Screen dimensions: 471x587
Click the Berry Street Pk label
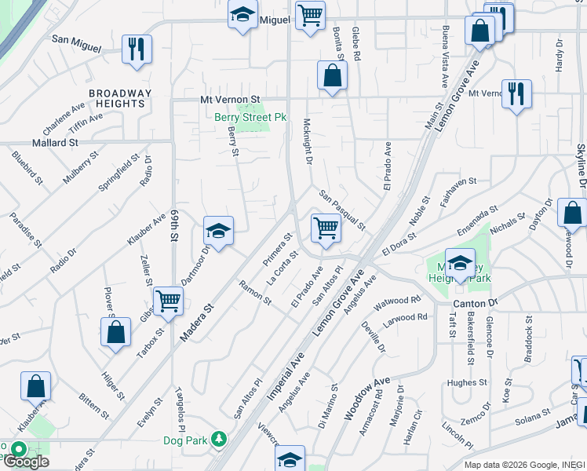point(250,118)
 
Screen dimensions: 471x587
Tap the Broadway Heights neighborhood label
point(118,98)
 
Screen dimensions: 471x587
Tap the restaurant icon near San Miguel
point(137,49)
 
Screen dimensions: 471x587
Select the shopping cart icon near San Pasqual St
point(326,228)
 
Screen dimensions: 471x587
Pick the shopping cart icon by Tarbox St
point(168,300)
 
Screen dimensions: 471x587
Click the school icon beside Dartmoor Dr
point(218,231)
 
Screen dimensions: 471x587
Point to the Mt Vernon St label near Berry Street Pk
point(230,100)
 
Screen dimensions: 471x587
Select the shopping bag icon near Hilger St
point(115,331)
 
